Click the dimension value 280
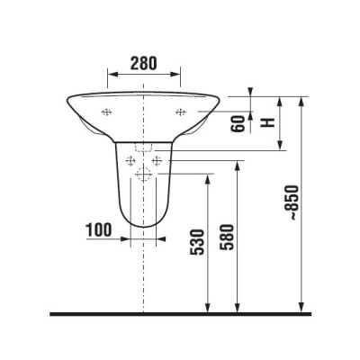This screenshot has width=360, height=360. [144, 64]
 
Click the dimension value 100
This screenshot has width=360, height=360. [100, 229]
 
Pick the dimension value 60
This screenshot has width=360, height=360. [238, 123]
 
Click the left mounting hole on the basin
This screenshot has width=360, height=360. [107, 112]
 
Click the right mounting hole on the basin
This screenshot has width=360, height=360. [181, 112]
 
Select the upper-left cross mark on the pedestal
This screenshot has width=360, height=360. [132, 161]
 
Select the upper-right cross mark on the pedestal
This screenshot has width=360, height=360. [157, 161]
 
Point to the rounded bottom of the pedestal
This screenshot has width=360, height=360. [144, 225]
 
